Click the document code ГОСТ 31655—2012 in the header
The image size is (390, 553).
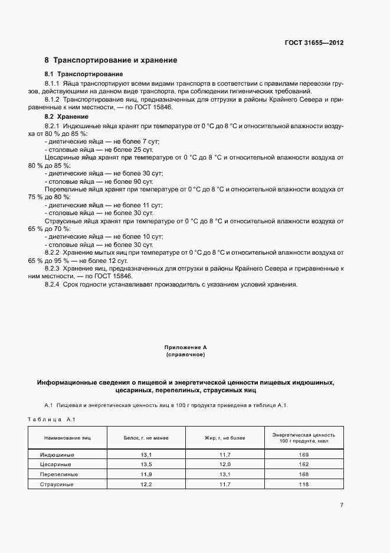click(314, 43)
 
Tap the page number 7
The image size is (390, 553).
click(342, 505)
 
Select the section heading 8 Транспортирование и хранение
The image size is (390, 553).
click(111, 60)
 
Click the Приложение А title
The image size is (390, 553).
click(185, 348)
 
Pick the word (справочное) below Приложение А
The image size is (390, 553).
click(185, 354)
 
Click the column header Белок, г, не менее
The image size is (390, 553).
click(146, 438)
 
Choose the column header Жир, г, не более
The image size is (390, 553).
click(224, 438)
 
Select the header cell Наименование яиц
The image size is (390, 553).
click(67, 438)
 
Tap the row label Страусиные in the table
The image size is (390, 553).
click(57, 484)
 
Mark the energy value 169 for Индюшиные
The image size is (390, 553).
click(304, 454)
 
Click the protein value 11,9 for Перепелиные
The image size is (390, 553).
click(146, 474)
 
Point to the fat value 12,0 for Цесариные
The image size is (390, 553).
click(225, 464)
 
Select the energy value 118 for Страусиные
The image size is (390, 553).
click(304, 484)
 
